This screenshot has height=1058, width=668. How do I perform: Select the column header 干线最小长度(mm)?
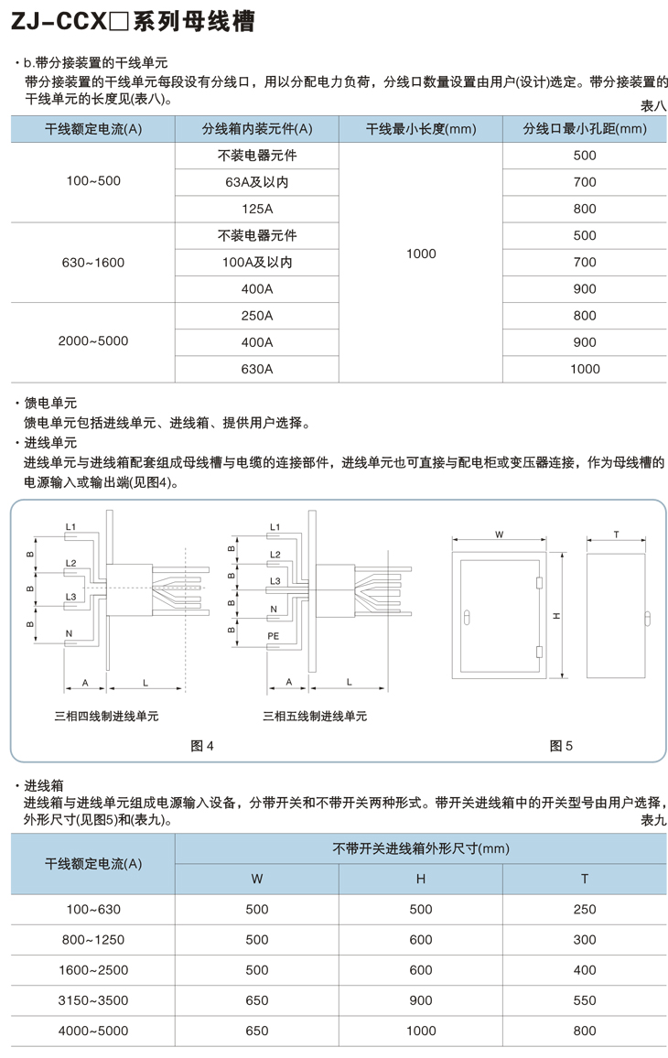421,129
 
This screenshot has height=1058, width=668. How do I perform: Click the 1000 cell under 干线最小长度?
421,254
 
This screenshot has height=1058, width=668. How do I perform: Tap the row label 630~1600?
92,263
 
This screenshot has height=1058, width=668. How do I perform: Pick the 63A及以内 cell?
257,183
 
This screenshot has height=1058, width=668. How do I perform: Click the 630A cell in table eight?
257,369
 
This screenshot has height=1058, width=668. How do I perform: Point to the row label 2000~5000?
92,340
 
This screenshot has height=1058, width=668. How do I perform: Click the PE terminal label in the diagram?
274,635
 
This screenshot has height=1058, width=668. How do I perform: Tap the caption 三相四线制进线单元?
106,716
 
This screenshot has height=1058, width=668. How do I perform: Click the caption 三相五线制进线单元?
315,716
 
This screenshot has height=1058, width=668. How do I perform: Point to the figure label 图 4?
202,746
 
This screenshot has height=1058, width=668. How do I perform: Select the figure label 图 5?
561,746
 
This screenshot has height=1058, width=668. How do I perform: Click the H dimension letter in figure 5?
557,616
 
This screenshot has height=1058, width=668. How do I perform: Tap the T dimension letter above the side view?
616,534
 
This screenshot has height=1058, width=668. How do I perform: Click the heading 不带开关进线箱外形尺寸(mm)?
420,848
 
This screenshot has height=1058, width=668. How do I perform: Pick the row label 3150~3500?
92,1000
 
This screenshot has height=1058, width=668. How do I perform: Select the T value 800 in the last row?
585,1031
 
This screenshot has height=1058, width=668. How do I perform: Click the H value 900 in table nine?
421,1000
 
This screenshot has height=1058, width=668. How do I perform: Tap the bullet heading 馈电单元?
50,403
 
